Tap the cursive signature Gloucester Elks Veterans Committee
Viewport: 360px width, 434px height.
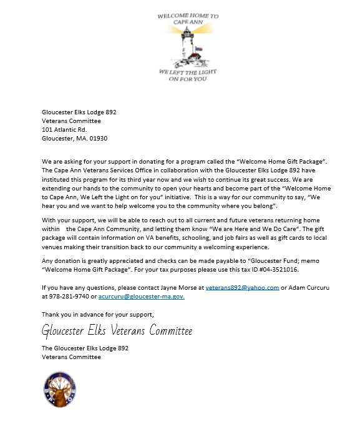click(x=117, y=330)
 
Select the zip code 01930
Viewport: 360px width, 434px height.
click(x=104, y=138)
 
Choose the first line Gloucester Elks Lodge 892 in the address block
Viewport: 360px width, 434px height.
click(x=79, y=112)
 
